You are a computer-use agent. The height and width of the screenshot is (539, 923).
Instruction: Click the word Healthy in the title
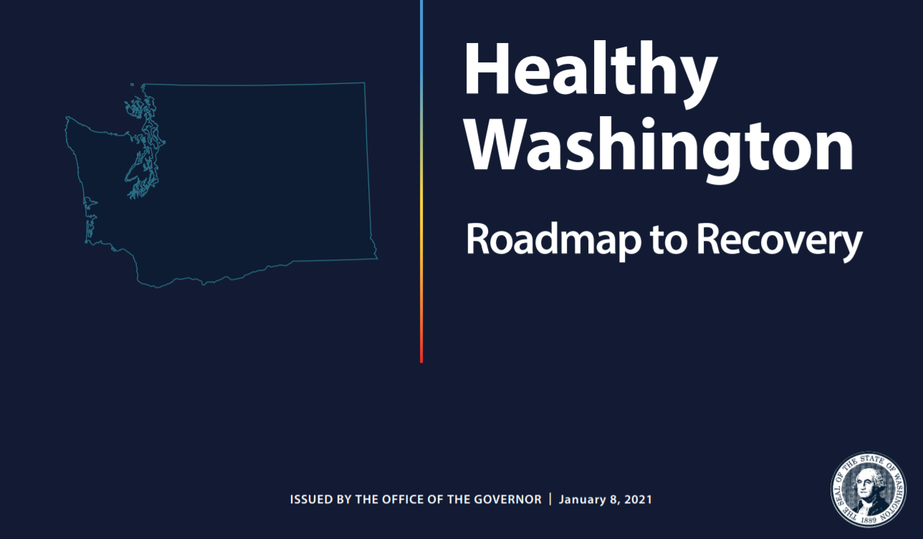pyautogui.click(x=591, y=74)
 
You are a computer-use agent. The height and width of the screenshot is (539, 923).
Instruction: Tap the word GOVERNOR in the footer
pyautogui.click(x=507, y=500)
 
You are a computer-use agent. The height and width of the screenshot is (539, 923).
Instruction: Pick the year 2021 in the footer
pyautogui.click(x=639, y=500)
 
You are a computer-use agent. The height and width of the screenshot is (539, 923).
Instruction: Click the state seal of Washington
pyautogui.click(x=869, y=489)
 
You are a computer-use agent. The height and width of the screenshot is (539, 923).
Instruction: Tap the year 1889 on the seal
pyautogui.click(x=869, y=520)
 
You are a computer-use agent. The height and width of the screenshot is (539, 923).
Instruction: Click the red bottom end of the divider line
pyautogui.click(x=421, y=361)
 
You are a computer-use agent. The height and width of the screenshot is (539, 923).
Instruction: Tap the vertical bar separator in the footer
pyautogui.click(x=550, y=499)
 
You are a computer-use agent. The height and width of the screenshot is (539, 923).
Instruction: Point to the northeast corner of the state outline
pyautogui.click(x=364, y=83)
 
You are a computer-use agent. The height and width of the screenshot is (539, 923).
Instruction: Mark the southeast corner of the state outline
pyautogui.click(x=377, y=259)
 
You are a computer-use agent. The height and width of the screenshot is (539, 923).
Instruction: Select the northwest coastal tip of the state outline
pyautogui.click(x=67, y=118)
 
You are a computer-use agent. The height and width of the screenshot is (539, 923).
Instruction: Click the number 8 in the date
pyautogui.click(x=613, y=500)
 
